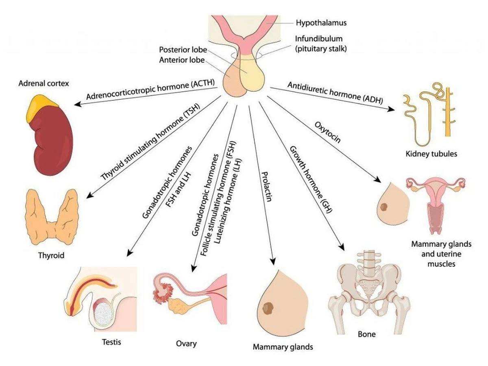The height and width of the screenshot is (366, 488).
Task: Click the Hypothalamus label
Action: point(321,23)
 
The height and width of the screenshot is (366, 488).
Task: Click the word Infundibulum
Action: point(319,39)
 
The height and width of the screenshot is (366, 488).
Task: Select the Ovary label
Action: point(187,344)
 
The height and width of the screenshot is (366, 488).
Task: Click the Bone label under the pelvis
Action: point(366,335)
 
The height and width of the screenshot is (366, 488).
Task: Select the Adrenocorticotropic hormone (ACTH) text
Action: point(150,89)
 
